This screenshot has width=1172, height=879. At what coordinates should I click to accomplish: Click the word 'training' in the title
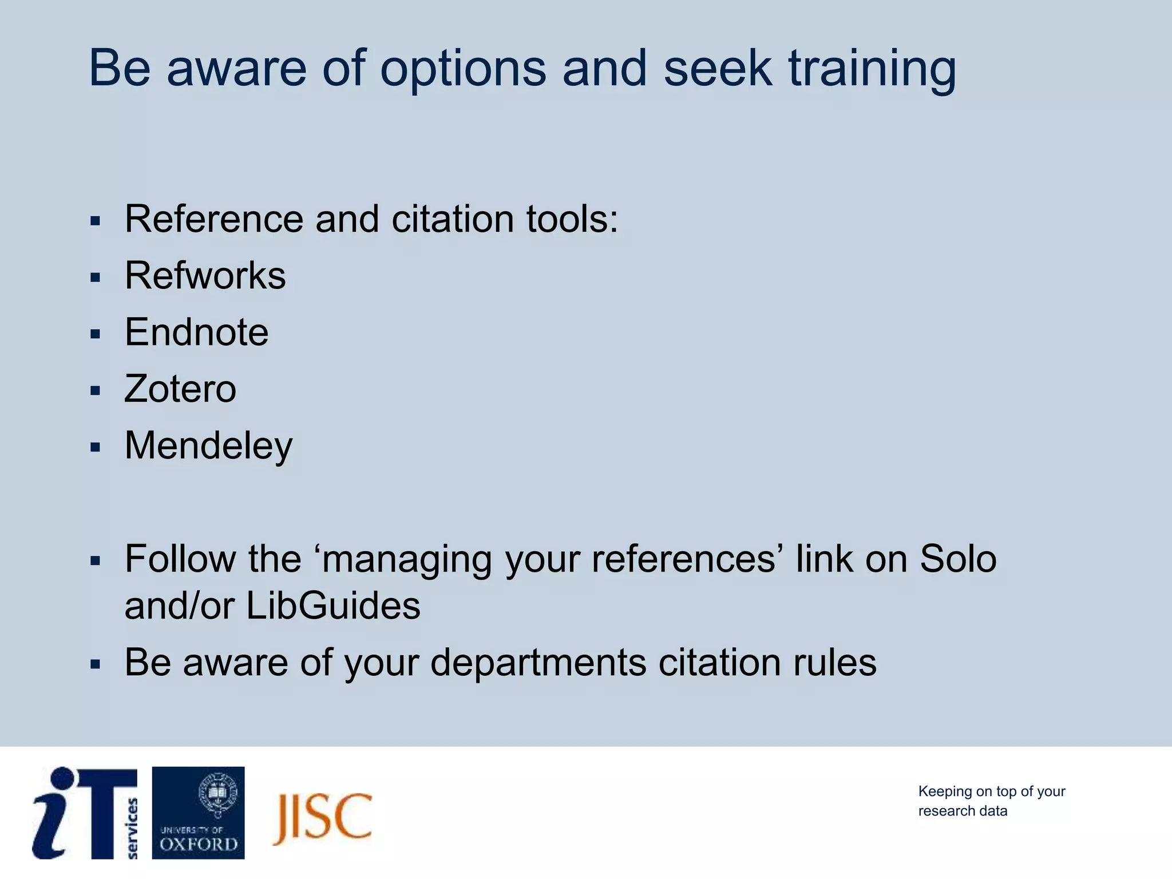coord(872,70)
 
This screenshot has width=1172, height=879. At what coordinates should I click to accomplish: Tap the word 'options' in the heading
coord(463,70)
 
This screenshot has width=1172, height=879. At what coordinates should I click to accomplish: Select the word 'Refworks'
coord(205,276)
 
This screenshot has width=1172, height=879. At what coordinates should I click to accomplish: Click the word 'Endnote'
coord(196,332)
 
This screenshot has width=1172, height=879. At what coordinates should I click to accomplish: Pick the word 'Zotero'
coord(180,389)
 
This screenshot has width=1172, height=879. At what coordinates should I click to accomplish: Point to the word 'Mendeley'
coord(208,446)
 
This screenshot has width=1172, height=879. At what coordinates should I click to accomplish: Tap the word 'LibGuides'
coord(333,606)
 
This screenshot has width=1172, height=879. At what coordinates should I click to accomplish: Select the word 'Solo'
coord(958,559)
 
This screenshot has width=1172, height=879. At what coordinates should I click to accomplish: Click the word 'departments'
coord(538,663)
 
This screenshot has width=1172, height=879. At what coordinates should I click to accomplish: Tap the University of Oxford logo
coord(198,813)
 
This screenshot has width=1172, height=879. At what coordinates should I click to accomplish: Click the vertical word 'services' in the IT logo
coord(132,828)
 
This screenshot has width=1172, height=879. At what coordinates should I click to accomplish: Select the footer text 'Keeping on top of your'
coord(991,791)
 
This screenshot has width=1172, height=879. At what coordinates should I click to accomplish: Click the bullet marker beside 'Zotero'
coord(95,391)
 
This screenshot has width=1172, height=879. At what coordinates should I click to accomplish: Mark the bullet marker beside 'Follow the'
coord(95,561)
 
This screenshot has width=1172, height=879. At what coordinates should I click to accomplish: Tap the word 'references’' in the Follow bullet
coord(684,559)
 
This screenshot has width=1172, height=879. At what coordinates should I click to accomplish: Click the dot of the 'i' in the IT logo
coord(62,779)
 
